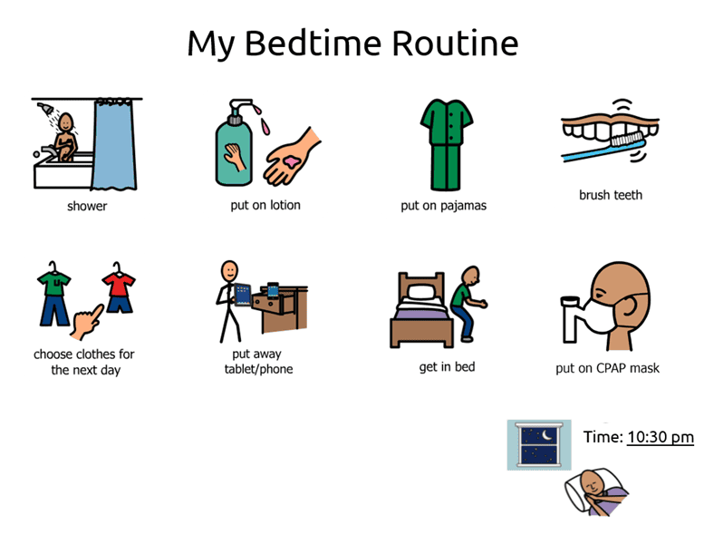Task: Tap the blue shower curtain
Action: click(x=119, y=145)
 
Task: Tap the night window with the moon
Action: click(x=539, y=444)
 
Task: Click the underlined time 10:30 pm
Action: click(x=660, y=437)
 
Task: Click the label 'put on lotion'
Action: click(x=265, y=205)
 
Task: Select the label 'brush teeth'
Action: click(x=611, y=194)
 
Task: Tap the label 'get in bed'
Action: click(x=446, y=366)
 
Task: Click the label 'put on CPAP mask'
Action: click(x=607, y=368)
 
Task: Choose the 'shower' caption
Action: click(x=87, y=206)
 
